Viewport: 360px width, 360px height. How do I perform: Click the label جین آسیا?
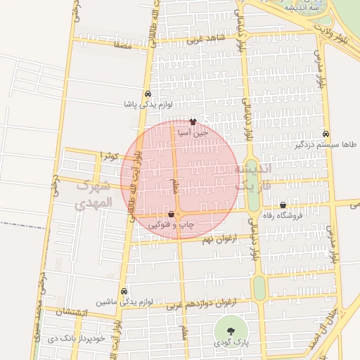click(193, 131)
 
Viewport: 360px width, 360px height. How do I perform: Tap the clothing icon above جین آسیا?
click(193, 122)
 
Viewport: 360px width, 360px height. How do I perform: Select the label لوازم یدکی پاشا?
click(148, 104)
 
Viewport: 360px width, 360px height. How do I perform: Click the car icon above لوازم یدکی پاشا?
click(148, 94)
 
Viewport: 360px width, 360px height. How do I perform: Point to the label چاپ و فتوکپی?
click(172, 224)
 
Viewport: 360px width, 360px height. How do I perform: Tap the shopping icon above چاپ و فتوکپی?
click(172, 214)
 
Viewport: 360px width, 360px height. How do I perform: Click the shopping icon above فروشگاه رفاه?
click(283, 205)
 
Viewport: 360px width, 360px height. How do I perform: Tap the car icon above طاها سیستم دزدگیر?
click(326, 134)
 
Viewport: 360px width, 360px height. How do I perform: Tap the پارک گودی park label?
click(230, 343)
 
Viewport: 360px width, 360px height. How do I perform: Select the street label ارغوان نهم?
click(207, 240)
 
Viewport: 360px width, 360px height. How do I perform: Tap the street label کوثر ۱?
click(111, 154)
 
